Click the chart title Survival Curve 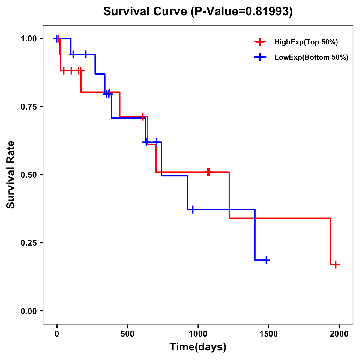tap(145, 11)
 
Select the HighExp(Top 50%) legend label tap(306, 42)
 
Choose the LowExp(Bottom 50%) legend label tap(311, 58)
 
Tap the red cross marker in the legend tap(260, 42)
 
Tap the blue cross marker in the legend tap(260, 58)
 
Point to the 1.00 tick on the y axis tap(28, 38)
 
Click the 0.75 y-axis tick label tap(28, 106)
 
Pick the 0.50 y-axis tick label tap(28, 175)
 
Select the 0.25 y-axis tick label tap(28, 243)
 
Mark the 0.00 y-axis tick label tap(28, 311)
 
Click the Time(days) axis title tap(198, 347)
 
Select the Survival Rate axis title tap(11, 175)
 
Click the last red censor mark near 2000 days tap(336, 265)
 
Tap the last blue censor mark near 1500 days tap(266, 260)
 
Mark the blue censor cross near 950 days tap(193, 209)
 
